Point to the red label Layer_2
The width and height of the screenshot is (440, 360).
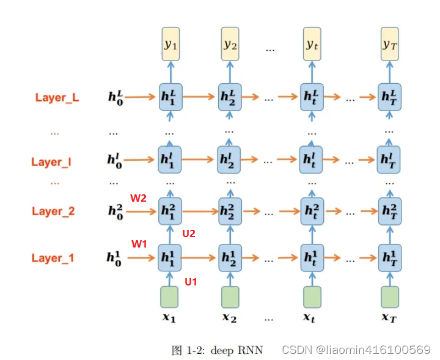click(53, 211)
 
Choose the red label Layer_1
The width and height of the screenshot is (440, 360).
click(53, 258)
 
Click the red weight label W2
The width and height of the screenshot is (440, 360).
click(139, 198)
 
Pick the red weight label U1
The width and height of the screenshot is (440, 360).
click(191, 282)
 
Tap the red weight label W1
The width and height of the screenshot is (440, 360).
click(139, 244)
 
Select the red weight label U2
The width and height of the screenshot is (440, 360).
click(189, 233)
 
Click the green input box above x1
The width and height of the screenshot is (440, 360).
click(169, 297)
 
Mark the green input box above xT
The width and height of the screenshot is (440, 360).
click(389, 297)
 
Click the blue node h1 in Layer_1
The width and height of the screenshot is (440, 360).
click(169, 255)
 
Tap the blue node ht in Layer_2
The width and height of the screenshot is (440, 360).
click(312, 208)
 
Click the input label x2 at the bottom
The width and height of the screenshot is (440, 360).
click(229, 318)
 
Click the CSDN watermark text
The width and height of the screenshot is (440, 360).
click(356, 350)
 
